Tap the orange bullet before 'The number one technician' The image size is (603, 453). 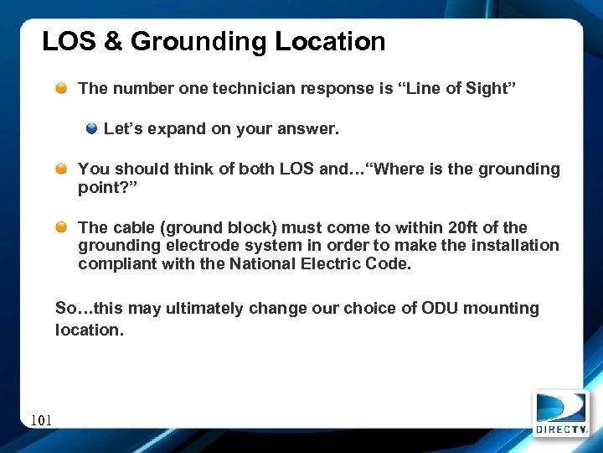coord(63,88)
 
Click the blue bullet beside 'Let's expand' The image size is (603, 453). coord(92,129)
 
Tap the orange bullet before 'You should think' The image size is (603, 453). coord(63,169)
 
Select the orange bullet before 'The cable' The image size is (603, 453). coord(63,228)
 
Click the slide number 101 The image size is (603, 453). coord(41,419)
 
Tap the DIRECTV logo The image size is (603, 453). coord(560,414)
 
